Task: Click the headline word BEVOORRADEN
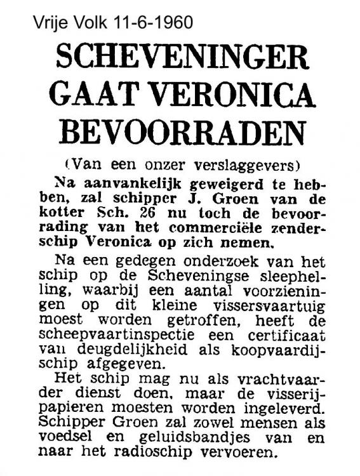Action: pos(181,135)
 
